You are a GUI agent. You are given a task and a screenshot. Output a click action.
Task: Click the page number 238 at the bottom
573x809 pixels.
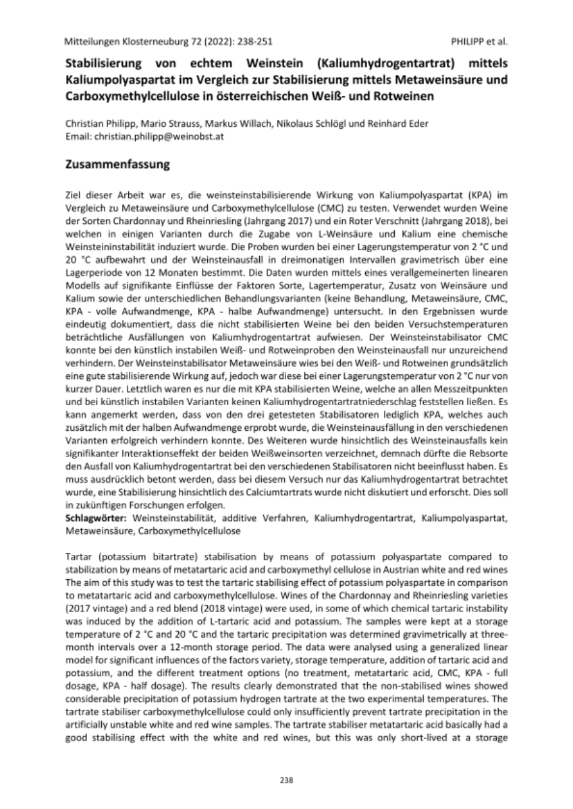(286, 780)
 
